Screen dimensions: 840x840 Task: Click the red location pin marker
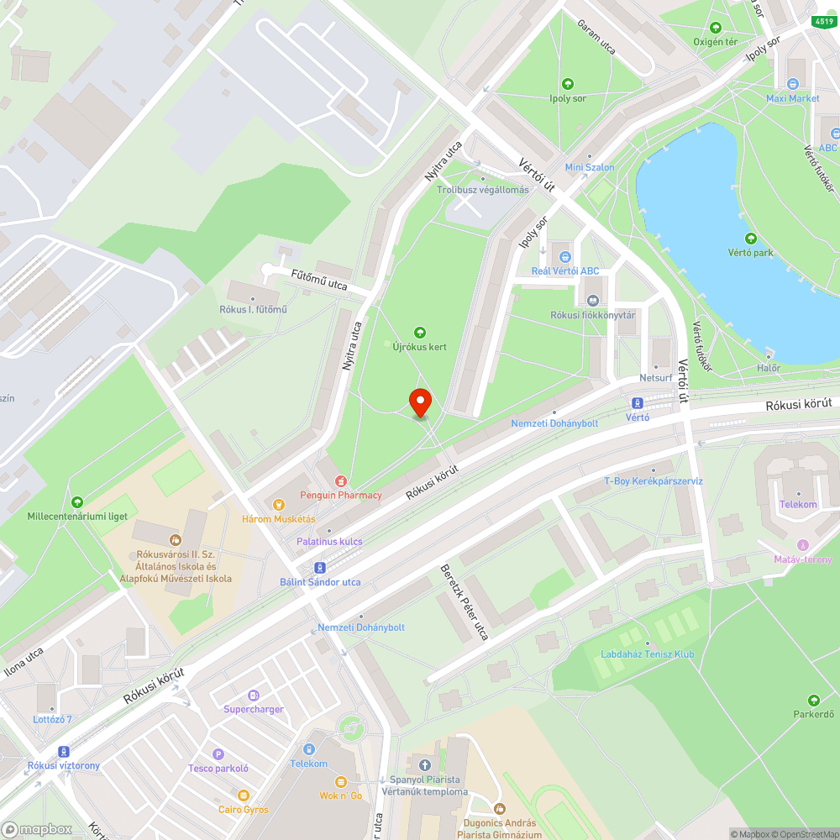[420, 402]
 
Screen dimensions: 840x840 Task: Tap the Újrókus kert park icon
[420, 333]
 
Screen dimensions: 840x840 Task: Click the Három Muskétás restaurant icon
[280, 505]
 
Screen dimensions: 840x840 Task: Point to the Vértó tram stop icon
[638, 403]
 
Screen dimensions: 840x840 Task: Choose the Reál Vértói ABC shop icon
[565, 256]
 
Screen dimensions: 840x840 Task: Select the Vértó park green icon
[750, 239]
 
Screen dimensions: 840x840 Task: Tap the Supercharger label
[254, 709]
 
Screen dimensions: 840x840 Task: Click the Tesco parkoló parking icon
[218, 754]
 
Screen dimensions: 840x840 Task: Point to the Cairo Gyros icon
[244, 795]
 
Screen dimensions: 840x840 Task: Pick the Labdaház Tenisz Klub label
[648, 654]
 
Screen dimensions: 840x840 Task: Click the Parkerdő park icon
[813, 701]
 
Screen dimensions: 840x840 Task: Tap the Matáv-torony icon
[802, 545]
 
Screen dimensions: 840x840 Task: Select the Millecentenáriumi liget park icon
[77, 501]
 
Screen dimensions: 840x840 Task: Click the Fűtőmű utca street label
[318, 284]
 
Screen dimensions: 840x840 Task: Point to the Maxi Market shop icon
[793, 84]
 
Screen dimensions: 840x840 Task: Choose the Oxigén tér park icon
[715, 28]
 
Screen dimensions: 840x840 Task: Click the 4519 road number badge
[824, 20]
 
